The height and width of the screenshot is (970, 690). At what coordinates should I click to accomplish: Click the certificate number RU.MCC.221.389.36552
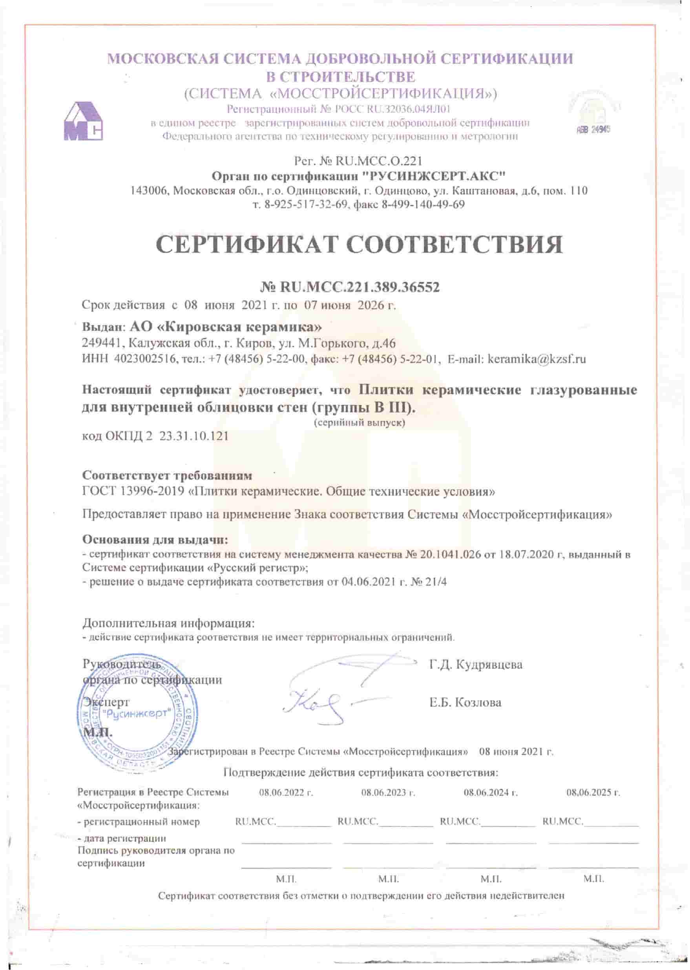(x=360, y=288)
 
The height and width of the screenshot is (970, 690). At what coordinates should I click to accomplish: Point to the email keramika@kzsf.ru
(x=537, y=359)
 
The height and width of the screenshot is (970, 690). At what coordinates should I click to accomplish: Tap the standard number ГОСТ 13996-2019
(x=134, y=491)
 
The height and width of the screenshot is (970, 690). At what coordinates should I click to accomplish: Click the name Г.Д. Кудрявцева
(x=476, y=664)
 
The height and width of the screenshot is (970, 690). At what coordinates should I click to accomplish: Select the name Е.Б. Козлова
(x=465, y=702)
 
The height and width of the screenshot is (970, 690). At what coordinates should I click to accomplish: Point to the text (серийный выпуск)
(x=360, y=423)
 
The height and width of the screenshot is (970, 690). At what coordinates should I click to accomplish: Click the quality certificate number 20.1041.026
(x=450, y=554)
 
